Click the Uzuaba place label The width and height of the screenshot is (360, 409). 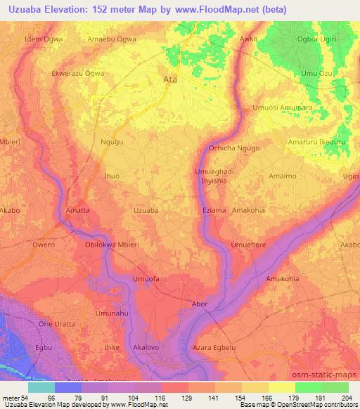146,210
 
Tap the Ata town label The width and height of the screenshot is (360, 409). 169,80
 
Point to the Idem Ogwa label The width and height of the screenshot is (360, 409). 44,39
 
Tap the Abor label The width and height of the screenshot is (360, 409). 200,304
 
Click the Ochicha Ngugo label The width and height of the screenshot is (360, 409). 235,148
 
